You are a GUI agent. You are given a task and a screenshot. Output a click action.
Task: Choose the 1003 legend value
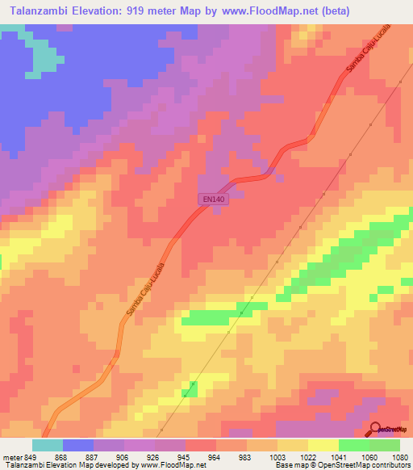pyautogui.click(x=277, y=456)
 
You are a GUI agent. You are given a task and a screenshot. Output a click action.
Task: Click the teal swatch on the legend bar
pyautogui.click(x=48, y=445)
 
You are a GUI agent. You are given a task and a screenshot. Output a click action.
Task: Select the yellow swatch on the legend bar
pyautogui.click(x=323, y=445)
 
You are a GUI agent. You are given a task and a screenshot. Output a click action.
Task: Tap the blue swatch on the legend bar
pyautogui.click(x=78, y=445)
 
